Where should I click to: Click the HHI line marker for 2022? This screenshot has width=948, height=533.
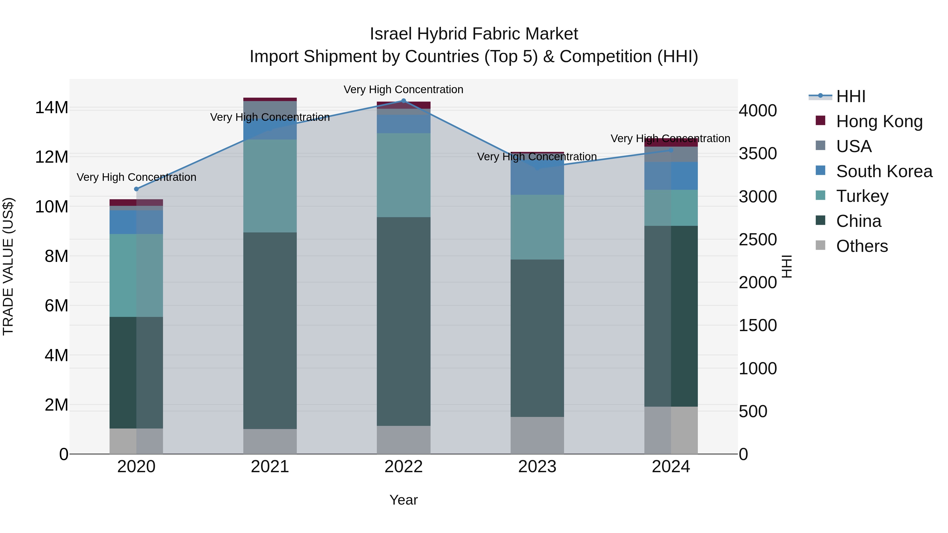403,101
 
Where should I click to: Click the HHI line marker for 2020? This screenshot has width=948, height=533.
136,189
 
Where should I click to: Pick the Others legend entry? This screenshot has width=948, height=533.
862,246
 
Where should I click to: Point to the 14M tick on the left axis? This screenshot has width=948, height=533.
52,108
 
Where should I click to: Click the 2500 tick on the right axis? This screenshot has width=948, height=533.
758,240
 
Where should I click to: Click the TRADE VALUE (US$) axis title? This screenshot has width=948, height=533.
8,266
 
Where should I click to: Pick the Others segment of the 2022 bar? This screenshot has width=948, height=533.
403,440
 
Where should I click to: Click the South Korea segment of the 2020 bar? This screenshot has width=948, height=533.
136,222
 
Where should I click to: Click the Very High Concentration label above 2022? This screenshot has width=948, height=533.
403,89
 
